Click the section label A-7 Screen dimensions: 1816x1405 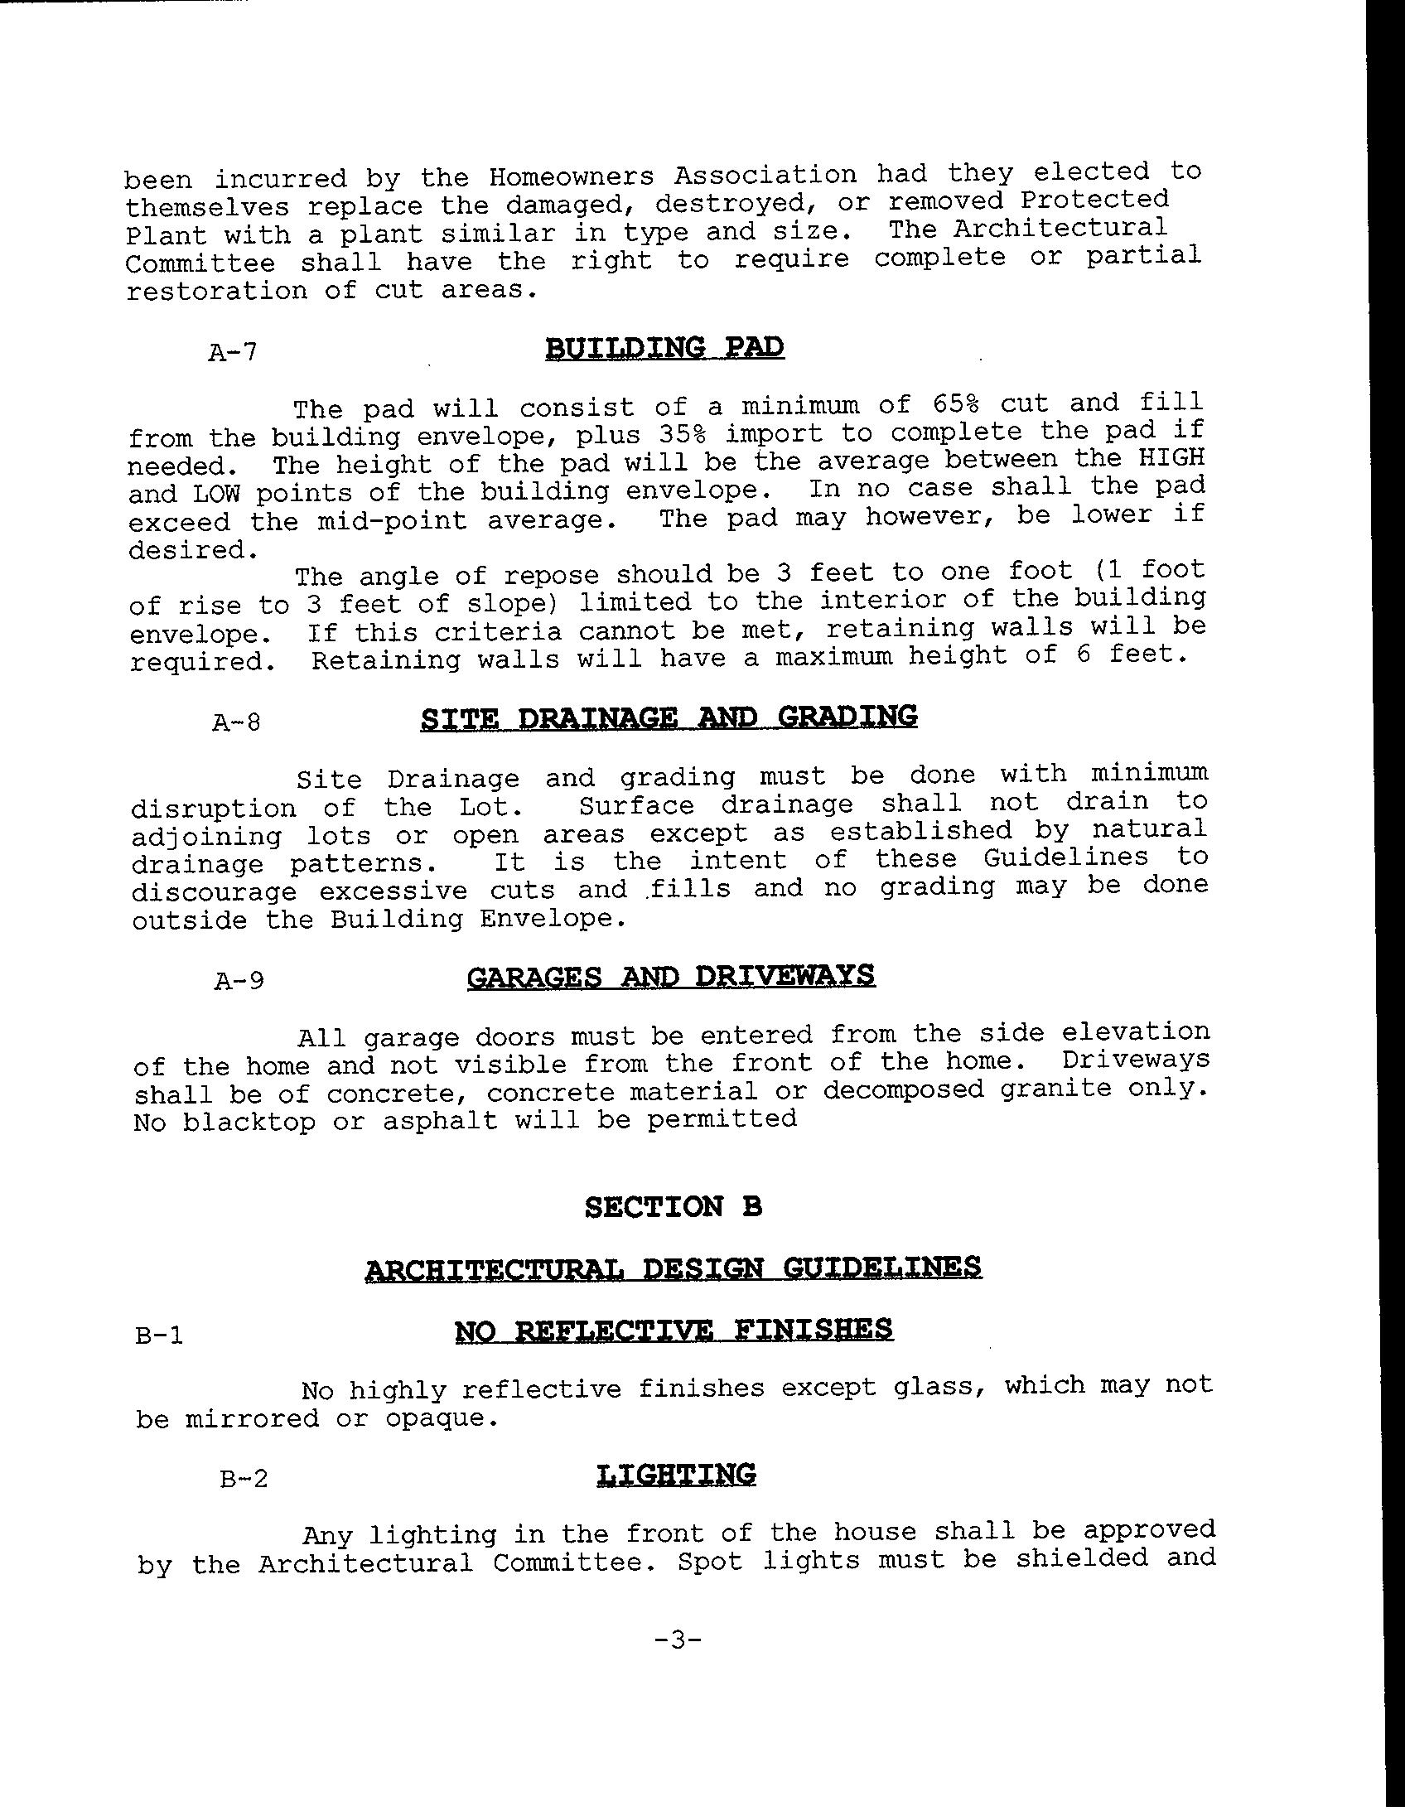coord(233,353)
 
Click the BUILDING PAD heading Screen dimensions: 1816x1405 coord(664,347)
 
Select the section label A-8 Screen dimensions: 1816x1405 coord(236,722)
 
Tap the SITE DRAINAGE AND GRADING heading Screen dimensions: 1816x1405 coord(669,717)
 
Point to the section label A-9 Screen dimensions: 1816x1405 coord(239,981)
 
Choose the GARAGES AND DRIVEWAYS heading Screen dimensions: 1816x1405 coord(671,975)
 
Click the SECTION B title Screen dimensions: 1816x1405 coord(673,1206)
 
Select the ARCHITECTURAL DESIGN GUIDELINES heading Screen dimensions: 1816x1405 coord(674,1268)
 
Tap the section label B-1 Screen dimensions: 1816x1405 coord(158,1336)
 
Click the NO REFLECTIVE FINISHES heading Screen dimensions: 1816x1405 coord(674,1330)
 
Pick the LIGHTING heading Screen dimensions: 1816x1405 coord(676,1474)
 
